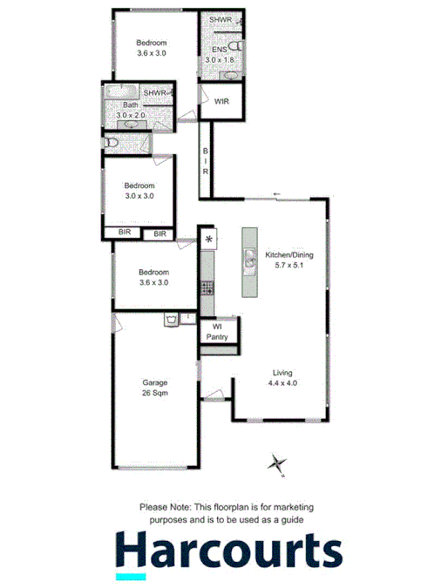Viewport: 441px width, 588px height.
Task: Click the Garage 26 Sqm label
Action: click(155, 388)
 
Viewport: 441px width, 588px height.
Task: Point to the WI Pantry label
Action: click(216, 331)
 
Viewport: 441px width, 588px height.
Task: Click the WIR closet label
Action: click(222, 102)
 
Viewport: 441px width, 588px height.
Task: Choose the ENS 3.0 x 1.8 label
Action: click(219, 55)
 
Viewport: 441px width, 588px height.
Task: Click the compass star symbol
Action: click(278, 463)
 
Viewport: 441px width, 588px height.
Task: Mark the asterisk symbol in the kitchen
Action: click(208, 239)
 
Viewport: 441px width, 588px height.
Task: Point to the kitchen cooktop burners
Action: click(207, 286)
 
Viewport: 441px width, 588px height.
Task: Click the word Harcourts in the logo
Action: click(228, 551)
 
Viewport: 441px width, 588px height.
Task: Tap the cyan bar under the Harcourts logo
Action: click(131, 576)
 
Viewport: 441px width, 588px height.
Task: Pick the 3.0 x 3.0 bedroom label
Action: click(139, 191)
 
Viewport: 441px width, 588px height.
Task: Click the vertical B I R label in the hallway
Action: click(206, 161)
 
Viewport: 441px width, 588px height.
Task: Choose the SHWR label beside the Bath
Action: click(155, 92)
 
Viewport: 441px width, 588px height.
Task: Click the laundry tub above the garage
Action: click(172, 320)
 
